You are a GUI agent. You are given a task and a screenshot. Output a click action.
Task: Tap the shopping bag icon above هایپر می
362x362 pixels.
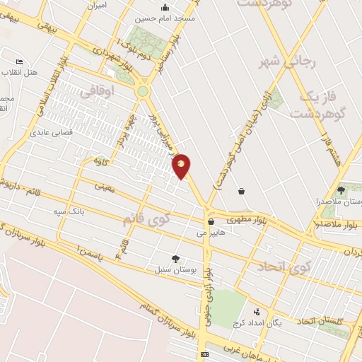(x=211, y=221)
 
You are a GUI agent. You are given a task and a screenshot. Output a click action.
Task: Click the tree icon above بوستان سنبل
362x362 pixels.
(x=175, y=259)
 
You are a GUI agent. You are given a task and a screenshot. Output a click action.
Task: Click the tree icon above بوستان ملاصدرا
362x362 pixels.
(x=341, y=190)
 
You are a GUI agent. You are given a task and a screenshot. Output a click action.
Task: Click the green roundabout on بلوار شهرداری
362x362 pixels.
(x=143, y=91)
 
